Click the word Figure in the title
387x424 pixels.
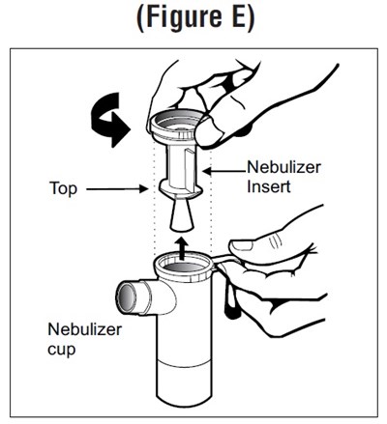(182, 16)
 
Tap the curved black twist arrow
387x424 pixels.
(109, 120)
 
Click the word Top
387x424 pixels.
(64, 188)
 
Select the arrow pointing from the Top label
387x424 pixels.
(117, 189)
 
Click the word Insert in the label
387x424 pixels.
(269, 187)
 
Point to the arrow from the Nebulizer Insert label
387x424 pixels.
(224, 170)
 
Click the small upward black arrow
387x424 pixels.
(183, 248)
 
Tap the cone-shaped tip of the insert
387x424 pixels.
(182, 215)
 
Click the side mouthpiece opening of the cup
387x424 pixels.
(127, 297)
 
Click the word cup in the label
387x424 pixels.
(61, 350)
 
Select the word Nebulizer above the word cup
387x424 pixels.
(85, 329)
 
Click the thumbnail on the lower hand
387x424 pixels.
(242, 246)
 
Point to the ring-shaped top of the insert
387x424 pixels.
(177, 125)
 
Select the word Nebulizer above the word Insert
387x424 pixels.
(283, 167)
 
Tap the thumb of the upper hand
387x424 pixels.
(213, 132)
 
